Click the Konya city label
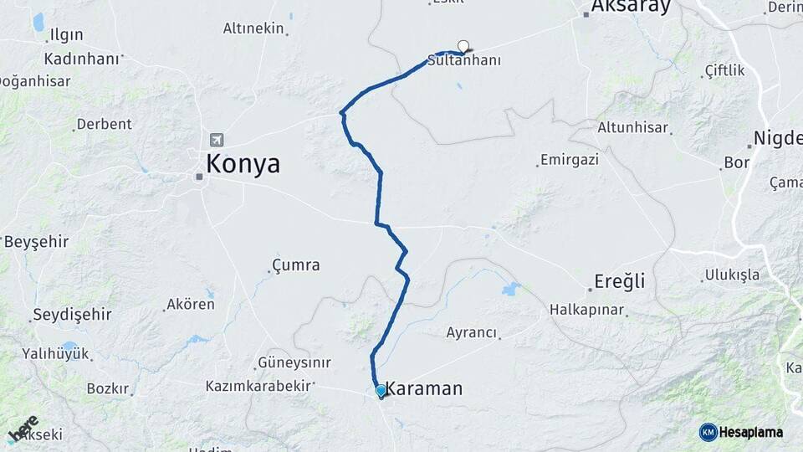(243, 163)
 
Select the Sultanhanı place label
(463, 61)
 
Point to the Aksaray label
(631, 8)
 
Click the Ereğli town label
(619, 281)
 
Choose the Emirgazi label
(570, 159)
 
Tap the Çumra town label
(296, 265)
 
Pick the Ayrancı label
(472, 332)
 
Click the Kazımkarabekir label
(258, 386)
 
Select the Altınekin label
(253, 28)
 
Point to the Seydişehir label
(71, 315)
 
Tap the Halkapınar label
(587, 310)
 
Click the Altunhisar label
(633, 128)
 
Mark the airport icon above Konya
(217, 140)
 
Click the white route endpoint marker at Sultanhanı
(463, 46)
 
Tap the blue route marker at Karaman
(381, 390)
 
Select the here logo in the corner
(23, 427)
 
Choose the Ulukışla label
(732, 275)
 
